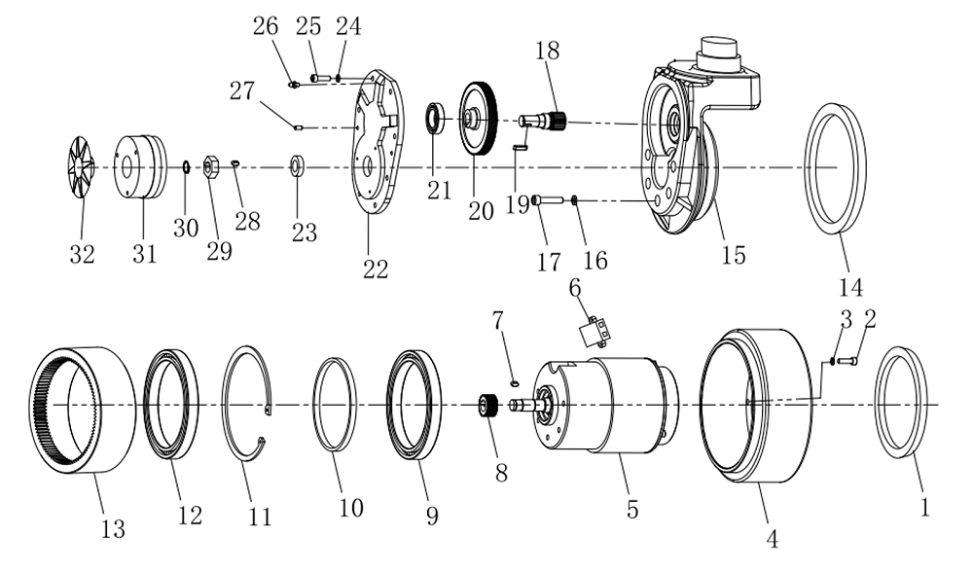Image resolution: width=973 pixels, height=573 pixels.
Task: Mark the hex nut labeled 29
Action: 209,167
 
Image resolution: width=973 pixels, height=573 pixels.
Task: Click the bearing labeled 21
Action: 434,121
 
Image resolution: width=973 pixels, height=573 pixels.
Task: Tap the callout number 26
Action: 265,27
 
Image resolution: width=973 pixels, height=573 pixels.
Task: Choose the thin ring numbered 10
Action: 335,405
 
